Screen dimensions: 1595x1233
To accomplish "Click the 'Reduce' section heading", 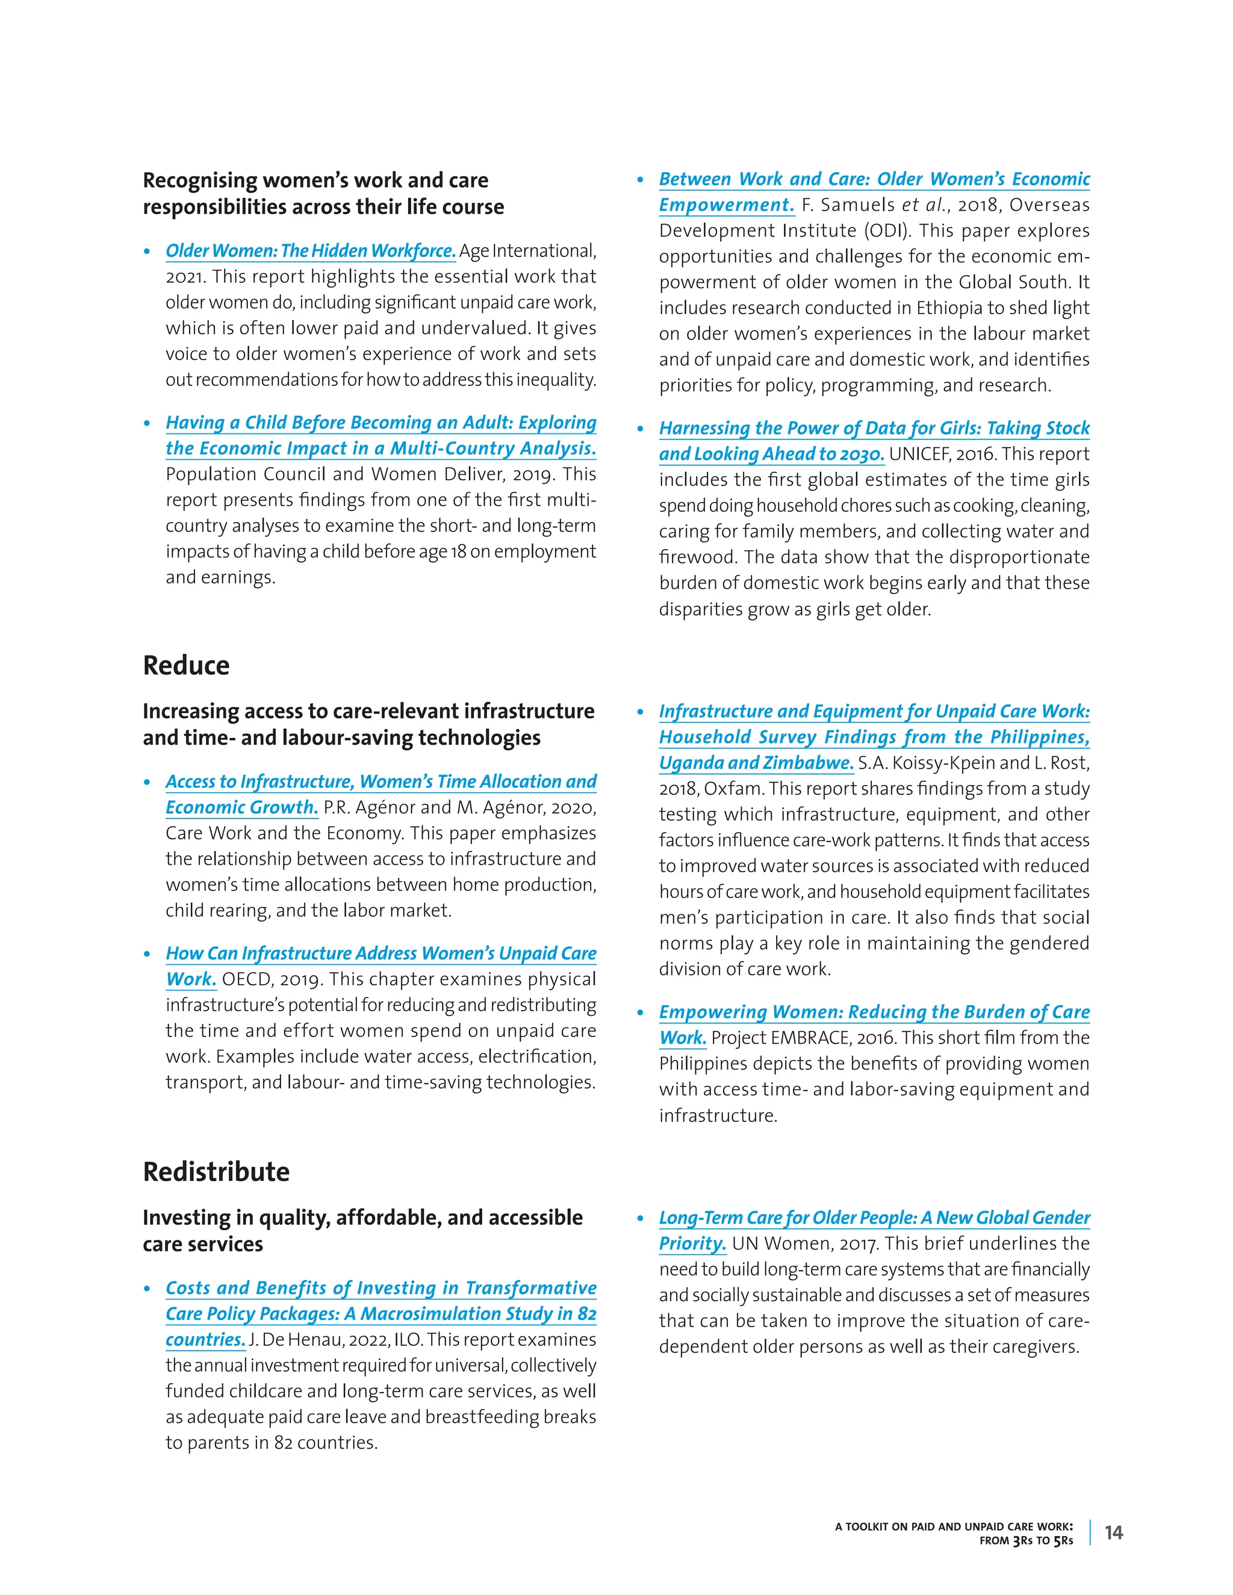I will (185, 665).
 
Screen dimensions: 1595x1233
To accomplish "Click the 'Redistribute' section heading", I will (216, 1171).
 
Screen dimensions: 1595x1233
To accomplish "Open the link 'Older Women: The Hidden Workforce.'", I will (311, 251).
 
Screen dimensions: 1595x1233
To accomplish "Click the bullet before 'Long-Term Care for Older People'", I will (641, 1218).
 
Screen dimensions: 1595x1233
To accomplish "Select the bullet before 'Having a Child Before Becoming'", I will (148, 424).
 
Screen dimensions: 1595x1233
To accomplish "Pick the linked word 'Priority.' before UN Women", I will (692, 1243).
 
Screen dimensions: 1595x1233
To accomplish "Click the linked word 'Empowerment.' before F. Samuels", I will (726, 205).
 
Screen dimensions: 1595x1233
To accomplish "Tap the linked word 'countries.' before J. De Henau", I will (205, 1340).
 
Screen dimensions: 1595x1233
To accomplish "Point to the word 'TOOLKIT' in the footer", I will (877, 1526).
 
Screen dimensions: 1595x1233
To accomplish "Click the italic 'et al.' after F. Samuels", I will (924, 205).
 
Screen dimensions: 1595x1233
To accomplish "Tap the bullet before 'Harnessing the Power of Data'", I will (641, 429).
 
